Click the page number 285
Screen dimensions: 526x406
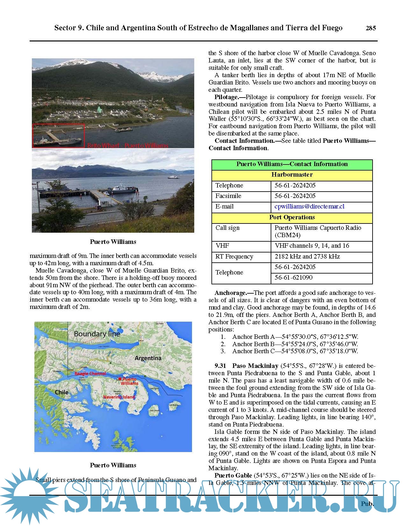click(x=371, y=28)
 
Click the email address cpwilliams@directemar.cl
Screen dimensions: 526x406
click(x=309, y=207)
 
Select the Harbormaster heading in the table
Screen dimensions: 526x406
click(x=292, y=175)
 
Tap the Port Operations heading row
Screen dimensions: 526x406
click(x=292, y=217)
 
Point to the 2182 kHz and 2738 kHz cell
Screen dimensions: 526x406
click(x=307, y=257)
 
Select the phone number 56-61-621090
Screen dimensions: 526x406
click(x=294, y=278)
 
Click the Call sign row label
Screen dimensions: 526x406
click(x=227, y=228)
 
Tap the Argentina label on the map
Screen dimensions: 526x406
click(x=148, y=358)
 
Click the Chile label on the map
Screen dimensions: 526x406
click(x=61, y=392)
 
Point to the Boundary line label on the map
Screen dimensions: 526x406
click(x=97, y=334)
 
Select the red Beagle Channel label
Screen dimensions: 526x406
click(x=90, y=374)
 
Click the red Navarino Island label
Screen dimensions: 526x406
click(x=119, y=397)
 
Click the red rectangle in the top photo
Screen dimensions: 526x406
click(x=58, y=135)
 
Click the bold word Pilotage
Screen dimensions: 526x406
click(x=226, y=97)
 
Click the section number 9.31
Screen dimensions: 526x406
click(x=220, y=366)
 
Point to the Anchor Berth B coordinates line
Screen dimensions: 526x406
click(x=295, y=344)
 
